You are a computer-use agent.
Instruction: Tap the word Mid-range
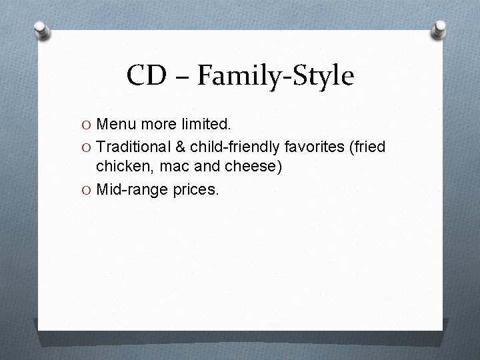point(131,190)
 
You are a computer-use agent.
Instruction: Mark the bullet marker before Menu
point(87,125)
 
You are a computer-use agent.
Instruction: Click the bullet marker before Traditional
point(87,147)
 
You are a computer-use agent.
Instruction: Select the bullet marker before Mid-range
point(87,190)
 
